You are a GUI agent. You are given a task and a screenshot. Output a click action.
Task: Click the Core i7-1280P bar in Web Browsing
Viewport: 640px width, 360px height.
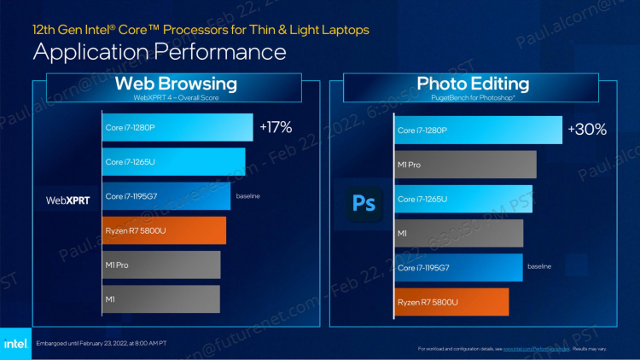point(177,128)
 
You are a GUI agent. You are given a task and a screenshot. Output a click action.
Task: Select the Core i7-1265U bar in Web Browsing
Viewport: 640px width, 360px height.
point(174,162)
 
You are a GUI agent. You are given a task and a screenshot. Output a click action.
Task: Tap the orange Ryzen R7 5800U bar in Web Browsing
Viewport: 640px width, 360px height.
point(164,230)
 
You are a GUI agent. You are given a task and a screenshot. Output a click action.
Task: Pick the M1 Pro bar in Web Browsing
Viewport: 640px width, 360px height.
point(161,264)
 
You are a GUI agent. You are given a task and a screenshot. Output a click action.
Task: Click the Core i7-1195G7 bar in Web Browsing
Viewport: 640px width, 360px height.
point(166,196)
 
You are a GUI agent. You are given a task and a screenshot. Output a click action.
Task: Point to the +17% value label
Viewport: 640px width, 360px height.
point(275,128)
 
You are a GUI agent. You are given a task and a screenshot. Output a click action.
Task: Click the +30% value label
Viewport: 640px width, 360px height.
point(586,130)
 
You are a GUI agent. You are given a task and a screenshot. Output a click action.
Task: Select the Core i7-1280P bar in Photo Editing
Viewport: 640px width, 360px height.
point(478,131)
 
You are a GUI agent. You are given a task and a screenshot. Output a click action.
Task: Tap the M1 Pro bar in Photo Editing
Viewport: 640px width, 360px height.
point(465,165)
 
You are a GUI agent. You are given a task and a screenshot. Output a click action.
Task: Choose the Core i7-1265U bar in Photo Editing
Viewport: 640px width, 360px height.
point(463,199)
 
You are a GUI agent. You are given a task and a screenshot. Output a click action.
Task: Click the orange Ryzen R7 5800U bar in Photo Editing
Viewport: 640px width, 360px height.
point(451,302)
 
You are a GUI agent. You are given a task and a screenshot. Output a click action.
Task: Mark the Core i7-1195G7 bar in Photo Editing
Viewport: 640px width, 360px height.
point(458,267)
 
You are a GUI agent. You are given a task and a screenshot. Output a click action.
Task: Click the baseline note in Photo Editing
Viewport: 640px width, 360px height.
point(539,267)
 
